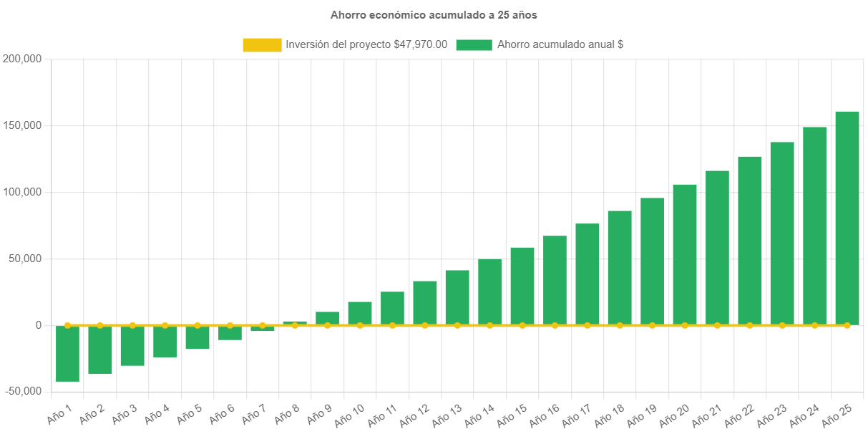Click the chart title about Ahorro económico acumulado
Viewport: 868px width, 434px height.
coord(434,14)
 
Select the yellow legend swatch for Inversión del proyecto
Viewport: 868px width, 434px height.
coord(262,45)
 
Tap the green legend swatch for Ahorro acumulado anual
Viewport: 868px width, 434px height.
coord(474,45)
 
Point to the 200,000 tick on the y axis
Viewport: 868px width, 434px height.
coord(22,59)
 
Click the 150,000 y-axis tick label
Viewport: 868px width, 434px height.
coord(22,125)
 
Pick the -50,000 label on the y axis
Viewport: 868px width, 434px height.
coord(22,392)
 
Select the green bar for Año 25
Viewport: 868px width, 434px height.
coord(847,218)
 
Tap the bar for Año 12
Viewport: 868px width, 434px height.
coord(425,303)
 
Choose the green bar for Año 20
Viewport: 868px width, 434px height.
coord(684,254)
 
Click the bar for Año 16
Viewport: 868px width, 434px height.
coord(555,280)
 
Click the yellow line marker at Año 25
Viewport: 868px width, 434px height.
coord(847,325)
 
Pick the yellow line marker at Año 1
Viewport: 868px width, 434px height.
coord(67,325)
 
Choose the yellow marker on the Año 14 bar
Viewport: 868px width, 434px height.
coord(489,325)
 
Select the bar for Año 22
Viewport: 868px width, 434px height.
coord(749,241)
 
